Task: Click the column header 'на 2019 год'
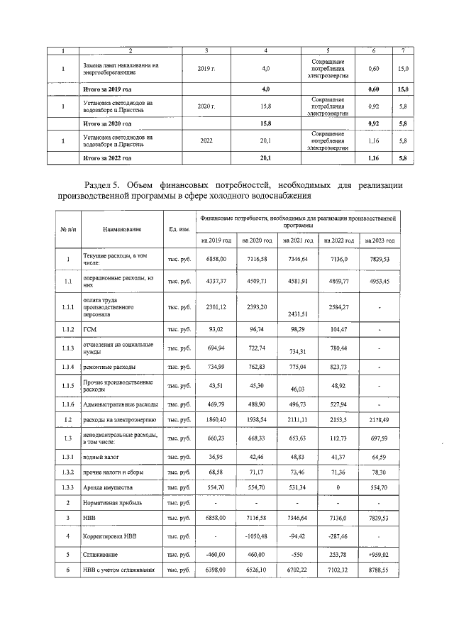click(217, 240)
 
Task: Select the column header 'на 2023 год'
click(380, 240)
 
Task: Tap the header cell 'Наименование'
click(121, 229)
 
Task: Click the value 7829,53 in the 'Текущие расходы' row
click(380, 260)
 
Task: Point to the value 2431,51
click(299, 314)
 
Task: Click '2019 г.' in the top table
click(206, 69)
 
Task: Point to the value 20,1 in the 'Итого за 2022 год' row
click(266, 157)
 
